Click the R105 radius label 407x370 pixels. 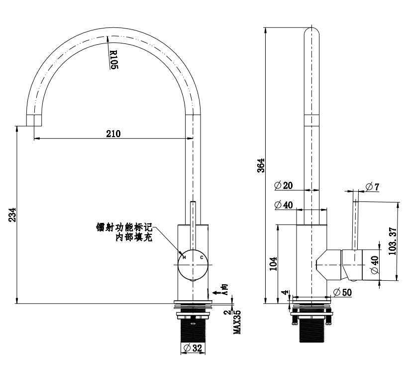click(114, 59)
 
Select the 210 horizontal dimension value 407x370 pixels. click(113, 134)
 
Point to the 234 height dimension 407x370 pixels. click(13, 214)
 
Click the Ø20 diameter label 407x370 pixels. click(284, 185)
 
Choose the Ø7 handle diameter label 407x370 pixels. click(373, 186)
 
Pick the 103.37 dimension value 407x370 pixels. click(393, 241)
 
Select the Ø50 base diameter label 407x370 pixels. click(342, 292)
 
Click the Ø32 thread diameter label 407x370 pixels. click(193, 348)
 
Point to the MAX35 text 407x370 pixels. click(237, 322)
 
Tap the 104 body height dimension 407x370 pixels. click(273, 264)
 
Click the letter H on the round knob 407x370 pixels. click(184, 258)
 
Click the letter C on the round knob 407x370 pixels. click(201, 258)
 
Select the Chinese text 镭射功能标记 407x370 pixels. click(124, 227)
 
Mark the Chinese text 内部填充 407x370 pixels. click(134, 237)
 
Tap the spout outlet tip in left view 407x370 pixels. click(34, 126)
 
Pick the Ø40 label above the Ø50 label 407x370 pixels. click(284, 205)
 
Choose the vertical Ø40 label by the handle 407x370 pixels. click(375, 265)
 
